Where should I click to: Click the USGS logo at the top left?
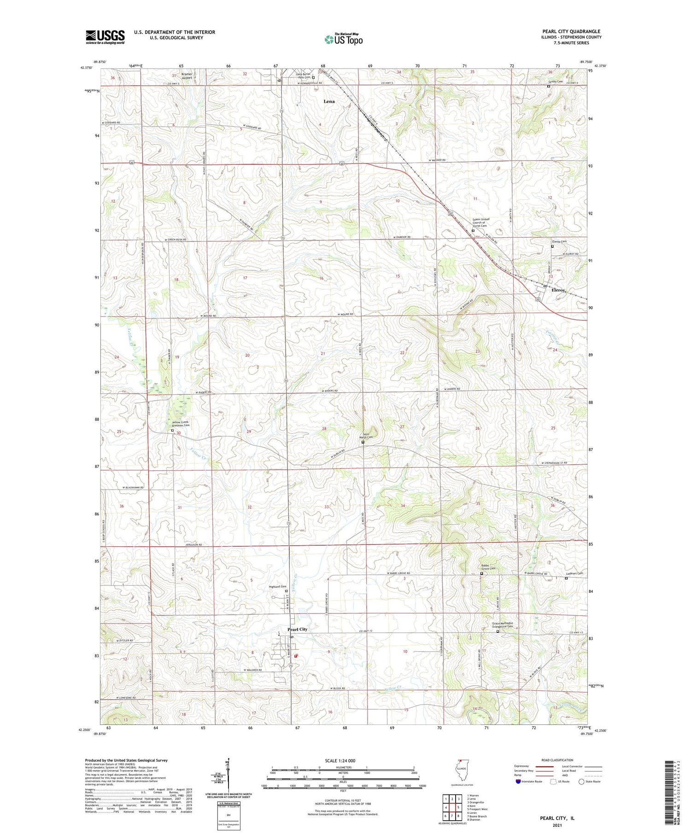105,37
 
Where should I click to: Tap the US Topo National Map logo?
343,39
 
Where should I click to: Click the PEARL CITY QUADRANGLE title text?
571,31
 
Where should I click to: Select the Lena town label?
329,101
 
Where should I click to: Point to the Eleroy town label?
555,291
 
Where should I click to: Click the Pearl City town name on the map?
297,629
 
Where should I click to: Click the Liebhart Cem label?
574,573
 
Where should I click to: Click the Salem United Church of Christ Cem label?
481,222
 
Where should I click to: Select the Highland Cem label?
278,587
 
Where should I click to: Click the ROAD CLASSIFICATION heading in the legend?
557,760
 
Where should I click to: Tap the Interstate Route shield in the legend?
518,782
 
